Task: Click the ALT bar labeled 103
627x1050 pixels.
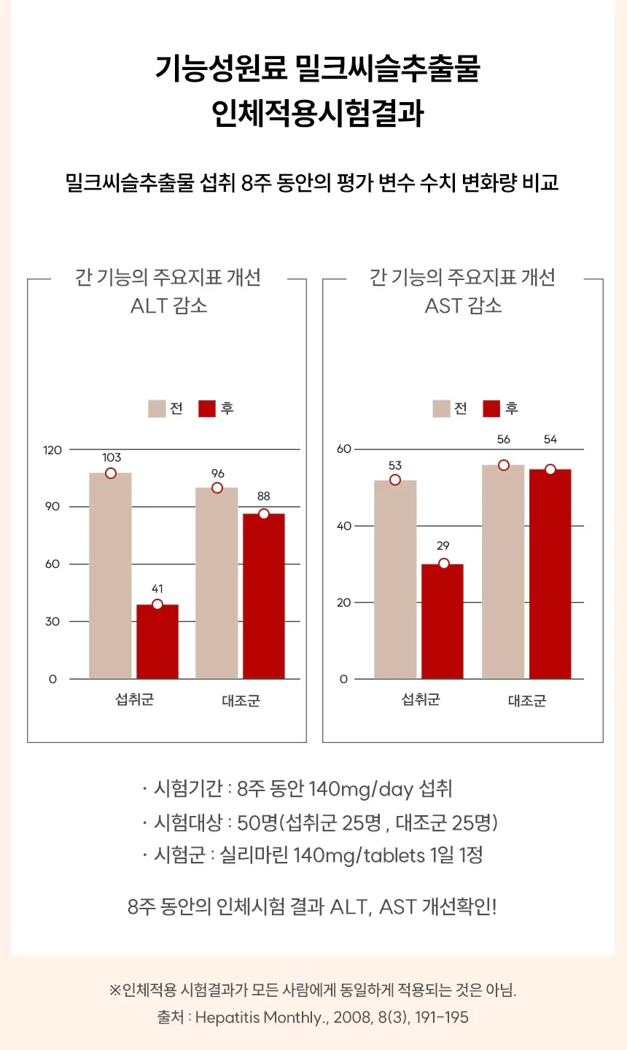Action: pyautogui.click(x=110, y=575)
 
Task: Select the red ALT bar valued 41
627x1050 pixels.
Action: pyautogui.click(x=157, y=641)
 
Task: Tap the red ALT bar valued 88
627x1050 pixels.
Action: pyautogui.click(x=264, y=596)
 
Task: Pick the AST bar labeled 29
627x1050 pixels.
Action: pyautogui.click(x=443, y=621)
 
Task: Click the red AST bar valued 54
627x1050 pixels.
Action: pyautogui.click(x=550, y=574)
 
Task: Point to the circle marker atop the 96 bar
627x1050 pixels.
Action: pyautogui.click(x=217, y=488)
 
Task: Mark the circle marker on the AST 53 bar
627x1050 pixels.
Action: pyautogui.click(x=395, y=480)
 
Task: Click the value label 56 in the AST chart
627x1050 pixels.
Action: pyautogui.click(x=503, y=439)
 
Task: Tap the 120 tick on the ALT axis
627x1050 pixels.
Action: pyautogui.click(x=52, y=450)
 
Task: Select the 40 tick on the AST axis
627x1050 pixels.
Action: pyautogui.click(x=344, y=526)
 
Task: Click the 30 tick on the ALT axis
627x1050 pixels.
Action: pyautogui.click(x=52, y=621)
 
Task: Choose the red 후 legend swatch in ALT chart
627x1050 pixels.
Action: pyautogui.click(x=206, y=409)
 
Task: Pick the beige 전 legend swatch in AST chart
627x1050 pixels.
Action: pyautogui.click(x=441, y=409)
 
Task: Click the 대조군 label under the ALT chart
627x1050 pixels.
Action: pyautogui.click(x=241, y=701)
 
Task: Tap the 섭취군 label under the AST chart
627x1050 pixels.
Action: pyautogui.click(x=421, y=699)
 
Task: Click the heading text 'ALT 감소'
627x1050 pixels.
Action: pyautogui.click(x=168, y=306)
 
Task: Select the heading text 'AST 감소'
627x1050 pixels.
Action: pyautogui.click(x=463, y=306)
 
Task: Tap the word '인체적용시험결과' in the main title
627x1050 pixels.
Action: pyautogui.click(x=318, y=114)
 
